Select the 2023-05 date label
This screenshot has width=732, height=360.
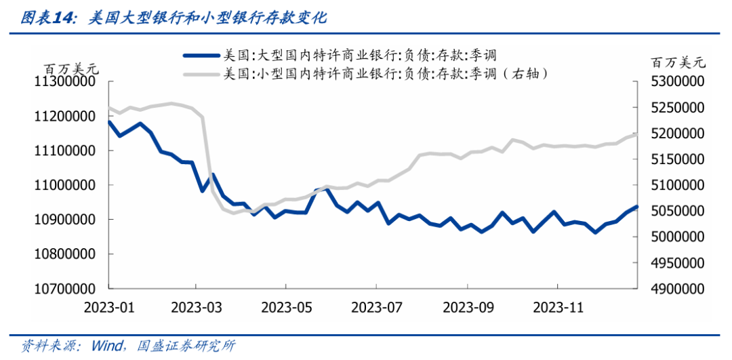(x=287, y=307)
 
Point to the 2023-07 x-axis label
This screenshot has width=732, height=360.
(x=377, y=307)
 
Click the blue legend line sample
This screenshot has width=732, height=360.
(x=202, y=56)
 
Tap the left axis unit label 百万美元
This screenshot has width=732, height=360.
(x=70, y=68)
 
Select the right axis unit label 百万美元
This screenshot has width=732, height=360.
(x=678, y=63)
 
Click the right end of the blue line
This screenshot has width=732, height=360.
(x=636, y=207)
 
